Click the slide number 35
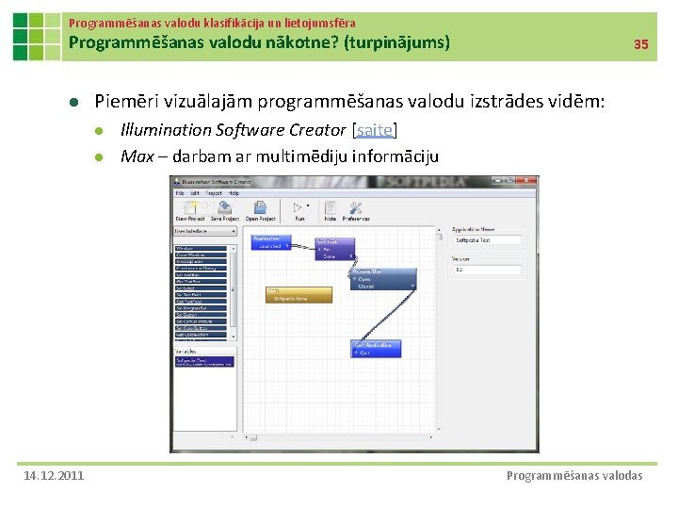(640, 44)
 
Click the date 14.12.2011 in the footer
(53, 475)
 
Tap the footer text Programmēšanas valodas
(574, 475)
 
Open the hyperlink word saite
(374, 129)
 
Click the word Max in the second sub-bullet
(137, 156)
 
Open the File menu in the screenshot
(180, 193)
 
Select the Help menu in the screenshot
(234, 193)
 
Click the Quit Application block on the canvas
(377, 349)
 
